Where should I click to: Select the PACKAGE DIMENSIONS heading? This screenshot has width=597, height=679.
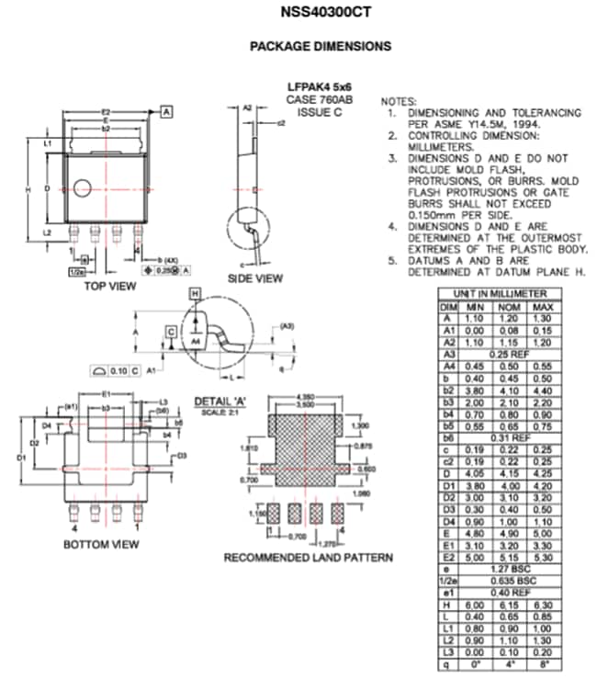[321, 46]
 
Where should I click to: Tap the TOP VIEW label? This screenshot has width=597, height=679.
[108, 286]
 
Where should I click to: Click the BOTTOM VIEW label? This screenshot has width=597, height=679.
[101, 544]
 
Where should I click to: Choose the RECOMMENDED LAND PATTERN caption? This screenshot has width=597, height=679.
[309, 558]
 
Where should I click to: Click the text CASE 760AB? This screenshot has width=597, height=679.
[320, 99]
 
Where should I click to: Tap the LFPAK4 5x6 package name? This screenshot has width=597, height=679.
[320, 87]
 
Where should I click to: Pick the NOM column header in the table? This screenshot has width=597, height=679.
[509, 306]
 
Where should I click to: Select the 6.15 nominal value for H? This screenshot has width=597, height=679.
[509, 605]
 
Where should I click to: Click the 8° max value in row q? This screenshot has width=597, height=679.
[543, 662]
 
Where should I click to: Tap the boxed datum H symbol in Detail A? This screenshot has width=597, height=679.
[195, 293]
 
